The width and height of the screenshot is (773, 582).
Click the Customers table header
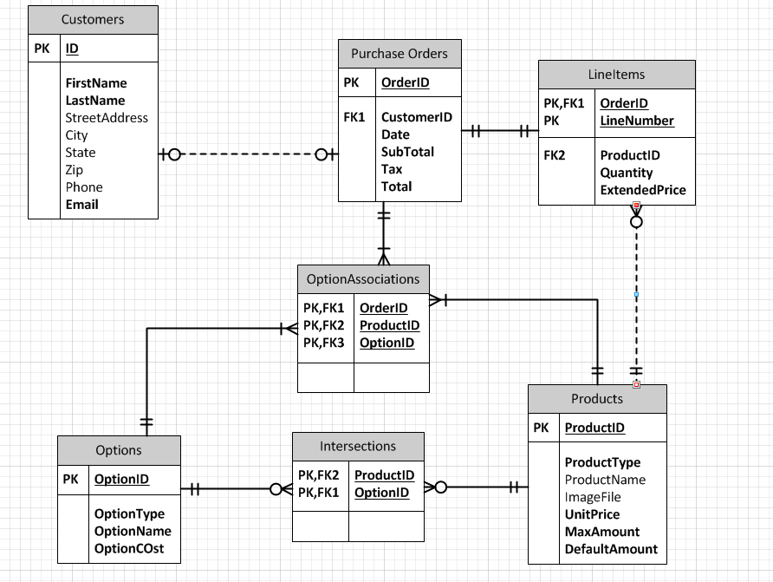coord(93,19)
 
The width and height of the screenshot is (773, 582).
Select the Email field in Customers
coord(81,205)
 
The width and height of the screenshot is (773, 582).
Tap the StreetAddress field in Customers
coord(107,118)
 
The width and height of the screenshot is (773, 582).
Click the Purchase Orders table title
coord(399,54)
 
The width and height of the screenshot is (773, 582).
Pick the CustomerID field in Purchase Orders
coord(416,117)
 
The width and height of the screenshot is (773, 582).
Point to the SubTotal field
coord(407,152)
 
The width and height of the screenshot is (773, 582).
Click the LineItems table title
coord(616,75)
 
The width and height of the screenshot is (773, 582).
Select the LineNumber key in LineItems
coord(637,121)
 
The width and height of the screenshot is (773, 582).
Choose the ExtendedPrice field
coord(642,190)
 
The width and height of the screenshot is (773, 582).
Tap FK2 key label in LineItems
coord(555,155)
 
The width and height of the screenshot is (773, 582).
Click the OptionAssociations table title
coord(363,279)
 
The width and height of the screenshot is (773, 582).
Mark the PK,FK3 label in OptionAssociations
coord(323,343)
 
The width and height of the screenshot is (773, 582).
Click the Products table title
coord(597,399)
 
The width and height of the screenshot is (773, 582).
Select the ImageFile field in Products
coord(593,497)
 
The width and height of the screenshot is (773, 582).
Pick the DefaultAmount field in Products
coord(611,549)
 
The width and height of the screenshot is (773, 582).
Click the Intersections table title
coord(358,447)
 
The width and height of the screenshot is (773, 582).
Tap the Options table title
coord(119,450)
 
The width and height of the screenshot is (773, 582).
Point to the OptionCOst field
coord(129,548)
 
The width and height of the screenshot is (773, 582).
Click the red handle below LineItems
coord(636,206)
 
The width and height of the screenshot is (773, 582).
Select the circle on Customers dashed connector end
coord(174,154)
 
